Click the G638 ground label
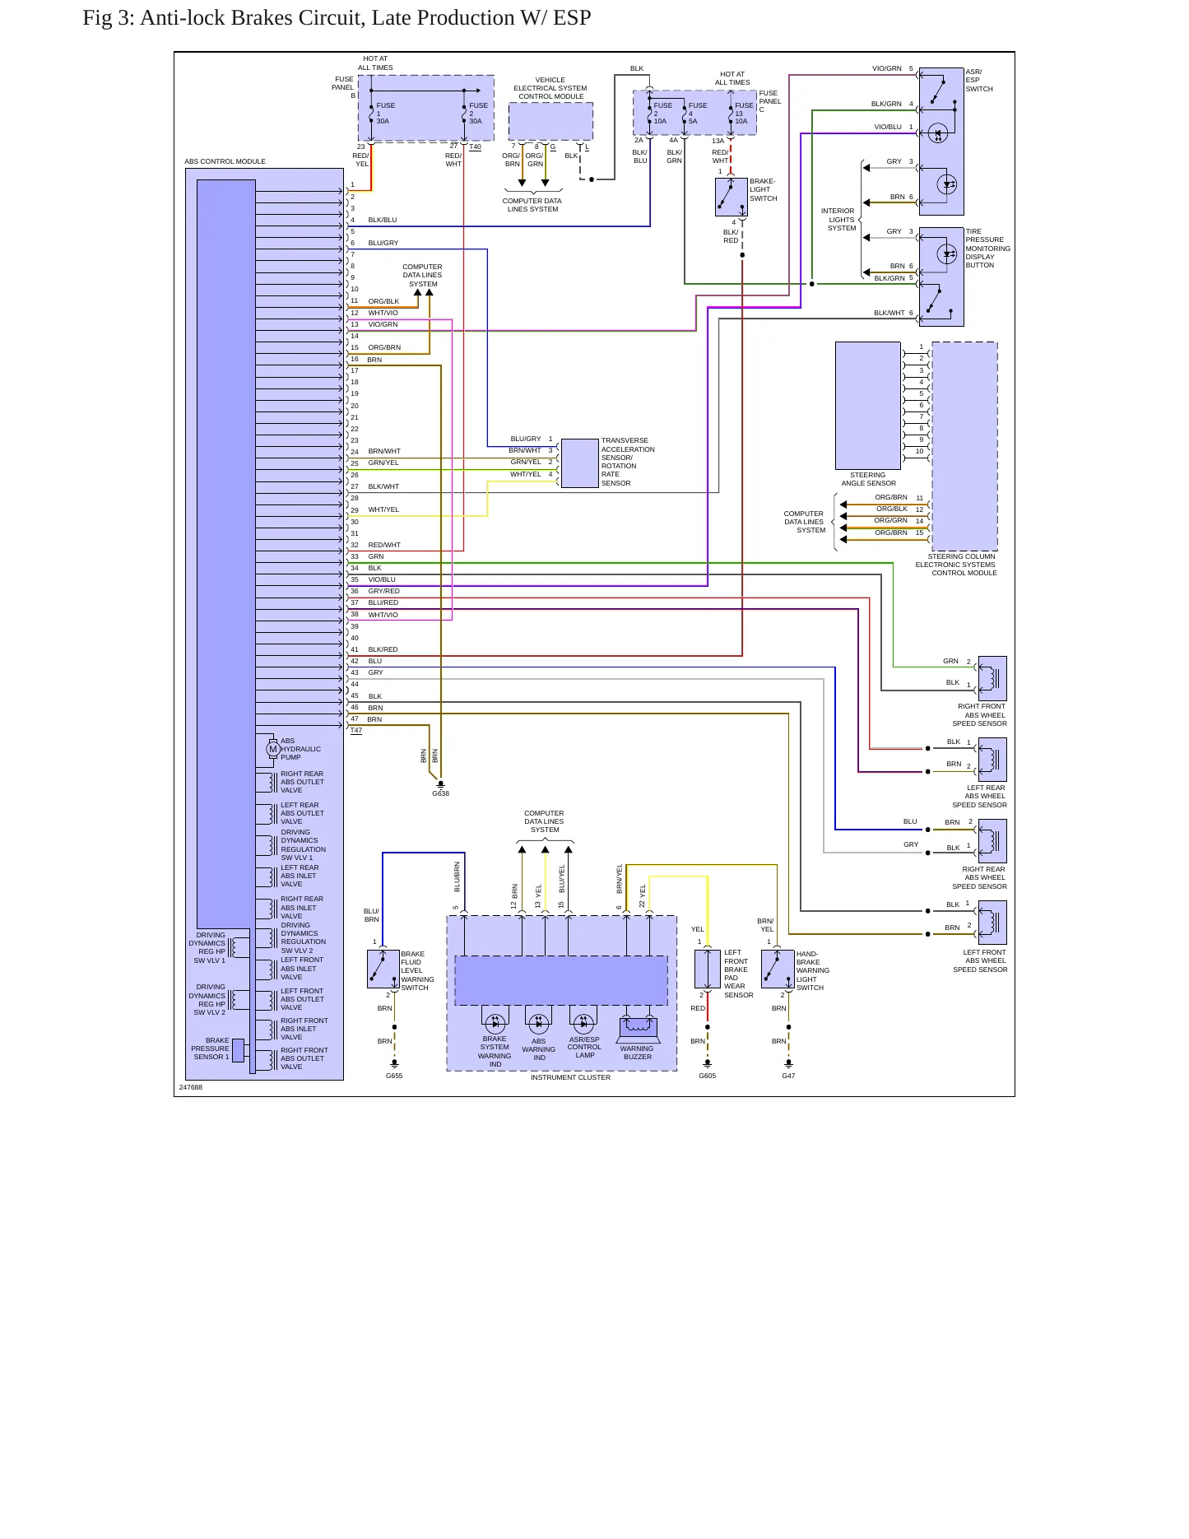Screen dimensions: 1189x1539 pyautogui.click(x=440, y=793)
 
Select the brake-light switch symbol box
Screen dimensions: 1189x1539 pyautogui.click(x=731, y=197)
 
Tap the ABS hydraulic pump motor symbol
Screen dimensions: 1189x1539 pyautogui.click(x=273, y=749)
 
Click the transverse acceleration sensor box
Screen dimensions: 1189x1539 pyautogui.click(x=579, y=463)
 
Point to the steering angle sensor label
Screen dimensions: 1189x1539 pyautogui.click(x=868, y=479)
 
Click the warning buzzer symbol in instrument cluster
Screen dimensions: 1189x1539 pyautogui.click(x=638, y=1026)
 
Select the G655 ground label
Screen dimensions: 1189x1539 pyautogui.click(x=394, y=1076)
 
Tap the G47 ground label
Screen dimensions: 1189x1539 pyautogui.click(x=788, y=1076)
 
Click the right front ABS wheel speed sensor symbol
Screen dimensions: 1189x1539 pyautogui.click(x=992, y=678)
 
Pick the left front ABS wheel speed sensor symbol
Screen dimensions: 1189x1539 pyautogui.click(x=992, y=922)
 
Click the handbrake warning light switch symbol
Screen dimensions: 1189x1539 pyautogui.click(x=778, y=969)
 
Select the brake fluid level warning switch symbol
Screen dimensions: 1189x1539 pyautogui.click(x=383, y=969)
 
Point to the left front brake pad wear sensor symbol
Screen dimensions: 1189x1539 pyautogui.click(x=708, y=969)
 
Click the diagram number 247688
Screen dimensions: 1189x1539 pyautogui.click(x=191, y=1087)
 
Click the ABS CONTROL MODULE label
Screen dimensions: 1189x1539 pyautogui.click(x=225, y=161)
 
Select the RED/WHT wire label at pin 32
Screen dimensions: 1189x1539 pyautogui.click(x=384, y=545)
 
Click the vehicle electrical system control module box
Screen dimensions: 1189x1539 pyautogui.click(x=550, y=122)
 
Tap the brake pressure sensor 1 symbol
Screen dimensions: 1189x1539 pyautogui.click(x=238, y=1050)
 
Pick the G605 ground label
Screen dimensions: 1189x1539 pyautogui.click(x=707, y=1076)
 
